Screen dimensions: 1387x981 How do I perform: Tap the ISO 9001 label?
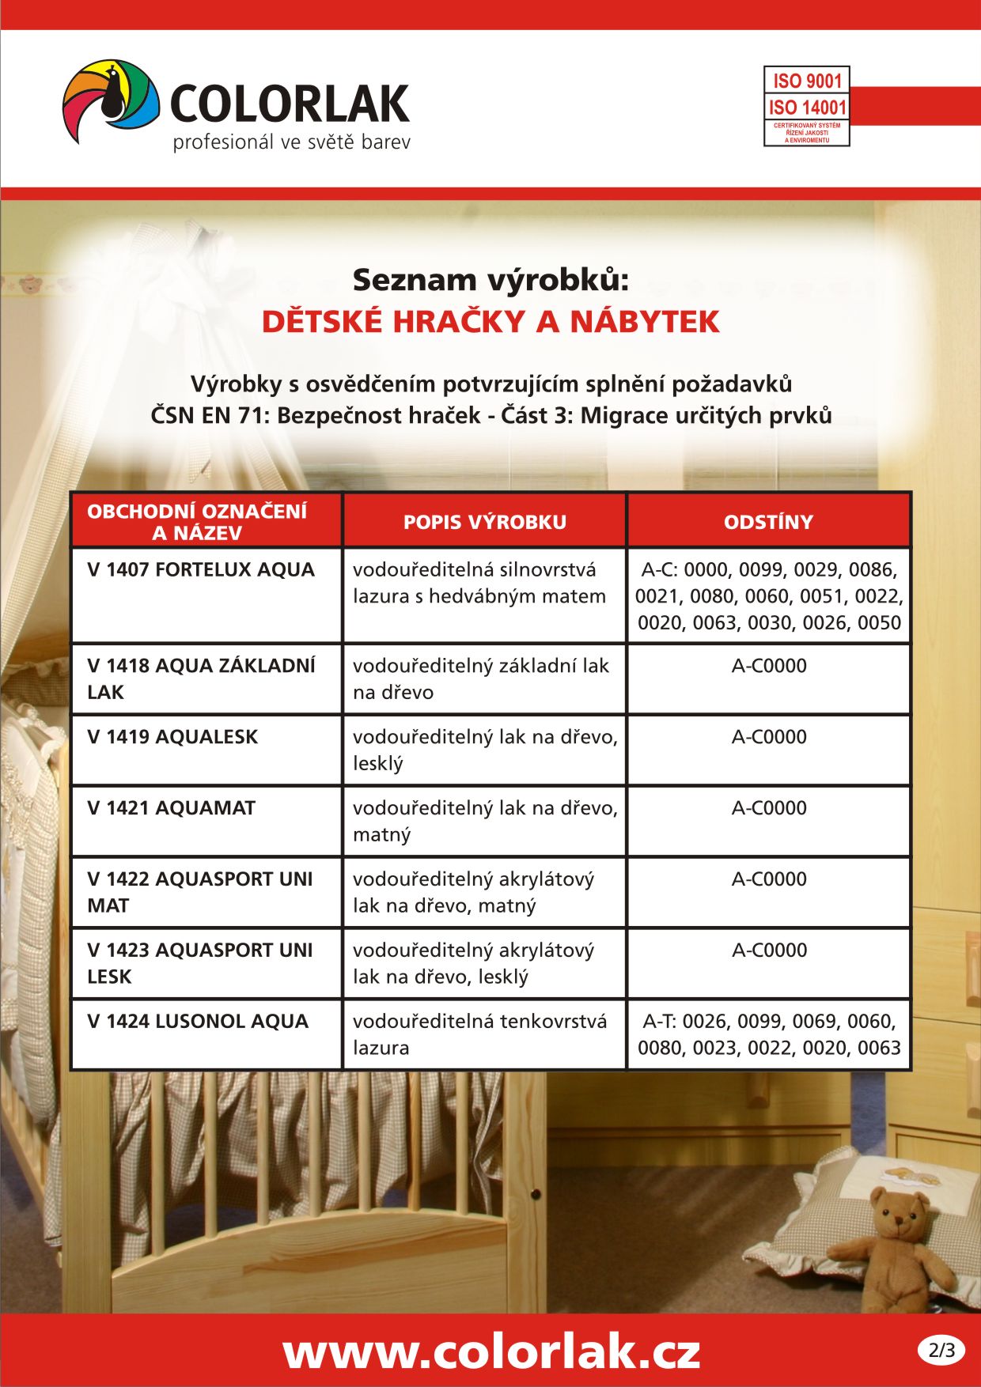coord(807,81)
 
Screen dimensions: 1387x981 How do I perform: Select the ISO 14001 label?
coord(807,107)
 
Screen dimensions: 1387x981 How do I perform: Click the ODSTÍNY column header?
coord(768,522)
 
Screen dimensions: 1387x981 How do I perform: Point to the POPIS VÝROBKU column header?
coord(484,522)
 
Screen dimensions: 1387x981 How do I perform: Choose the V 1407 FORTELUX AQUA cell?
coord(201,569)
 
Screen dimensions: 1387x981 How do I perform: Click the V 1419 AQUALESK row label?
coord(172,737)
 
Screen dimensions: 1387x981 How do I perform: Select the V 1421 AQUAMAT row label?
coord(172,808)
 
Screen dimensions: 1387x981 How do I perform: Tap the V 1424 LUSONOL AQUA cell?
coord(198,1022)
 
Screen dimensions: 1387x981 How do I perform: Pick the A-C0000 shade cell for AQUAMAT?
coord(769,808)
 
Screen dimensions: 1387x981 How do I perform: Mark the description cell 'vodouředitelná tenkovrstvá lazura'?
coord(479,1034)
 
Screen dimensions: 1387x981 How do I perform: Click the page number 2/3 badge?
coord(941,1350)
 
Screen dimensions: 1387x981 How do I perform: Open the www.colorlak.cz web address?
coord(490,1351)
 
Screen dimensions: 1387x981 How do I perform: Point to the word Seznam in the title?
coord(414,280)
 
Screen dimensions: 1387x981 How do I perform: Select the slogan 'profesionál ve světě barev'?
coord(291,143)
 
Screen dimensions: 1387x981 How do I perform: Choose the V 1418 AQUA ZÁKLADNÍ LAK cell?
coord(201,678)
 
